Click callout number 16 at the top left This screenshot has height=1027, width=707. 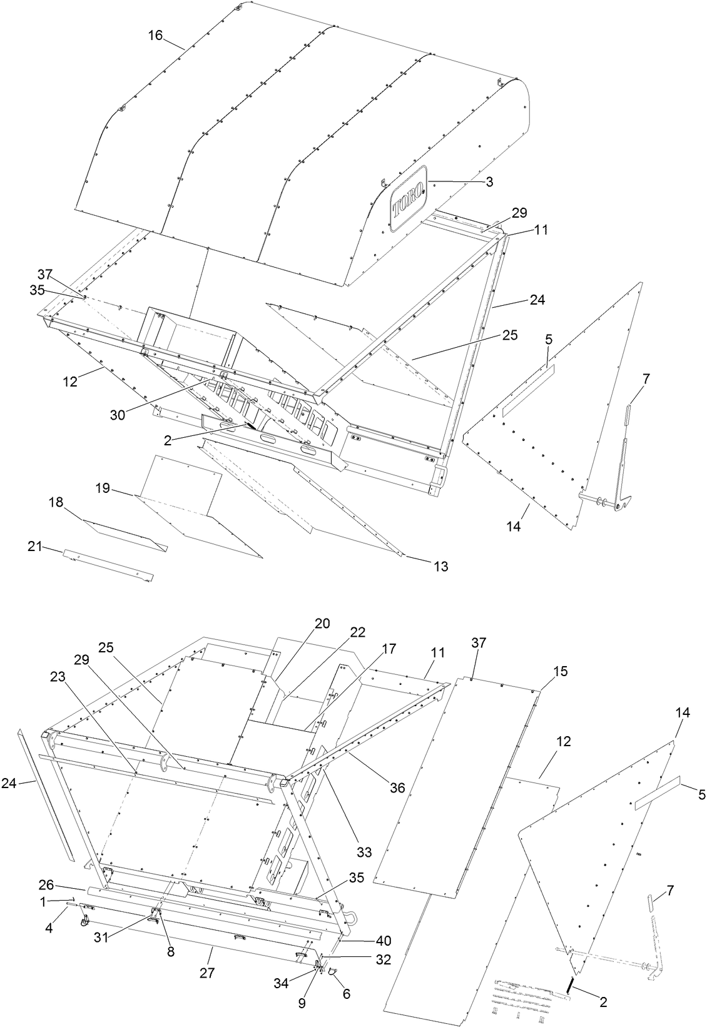(155, 36)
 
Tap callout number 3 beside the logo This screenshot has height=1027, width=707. (489, 182)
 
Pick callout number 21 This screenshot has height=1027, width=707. (34, 547)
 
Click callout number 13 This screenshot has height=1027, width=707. (440, 566)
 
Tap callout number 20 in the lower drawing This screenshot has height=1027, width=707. (322, 624)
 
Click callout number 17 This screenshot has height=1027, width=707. (389, 649)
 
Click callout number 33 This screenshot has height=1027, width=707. (364, 851)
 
